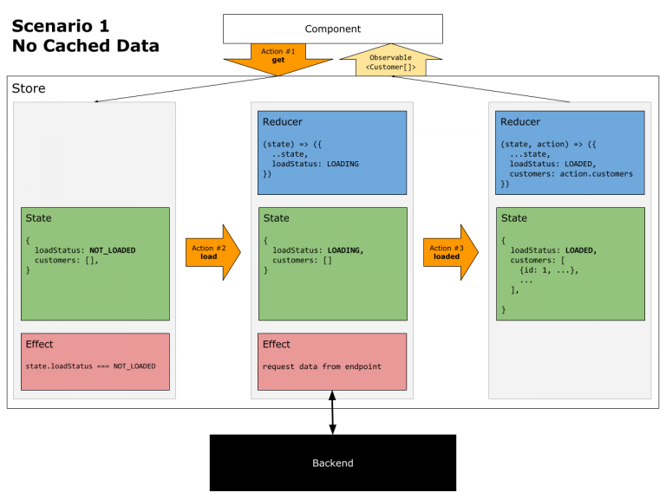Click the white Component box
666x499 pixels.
(x=332, y=29)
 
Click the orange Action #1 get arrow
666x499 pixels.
(x=278, y=59)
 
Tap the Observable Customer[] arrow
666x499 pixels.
(x=391, y=62)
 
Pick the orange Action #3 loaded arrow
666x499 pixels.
(x=449, y=252)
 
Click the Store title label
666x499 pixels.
(x=29, y=88)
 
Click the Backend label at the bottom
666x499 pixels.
(x=332, y=463)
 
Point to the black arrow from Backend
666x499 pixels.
(x=332, y=399)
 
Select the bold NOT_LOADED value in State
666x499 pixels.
(x=112, y=250)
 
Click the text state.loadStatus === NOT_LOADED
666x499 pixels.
(x=91, y=366)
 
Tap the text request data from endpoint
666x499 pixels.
(x=322, y=366)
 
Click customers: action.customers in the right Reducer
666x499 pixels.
(x=571, y=174)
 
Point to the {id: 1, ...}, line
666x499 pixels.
(x=548, y=270)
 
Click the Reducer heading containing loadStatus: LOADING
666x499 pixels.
(x=283, y=122)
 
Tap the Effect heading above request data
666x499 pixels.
(x=277, y=345)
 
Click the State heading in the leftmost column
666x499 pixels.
(x=39, y=218)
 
